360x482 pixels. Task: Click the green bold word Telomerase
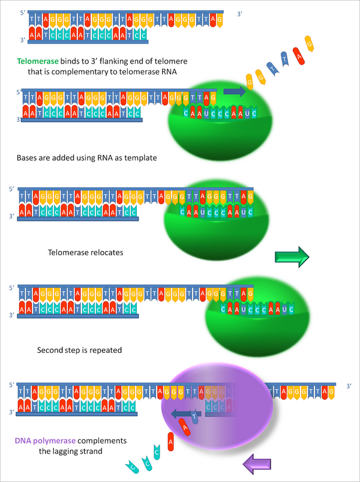click(x=40, y=61)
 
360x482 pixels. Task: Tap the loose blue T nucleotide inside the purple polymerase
click(x=194, y=415)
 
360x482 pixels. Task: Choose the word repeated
click(x=105, y=349)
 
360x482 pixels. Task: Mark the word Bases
click(x=28, y=158)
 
